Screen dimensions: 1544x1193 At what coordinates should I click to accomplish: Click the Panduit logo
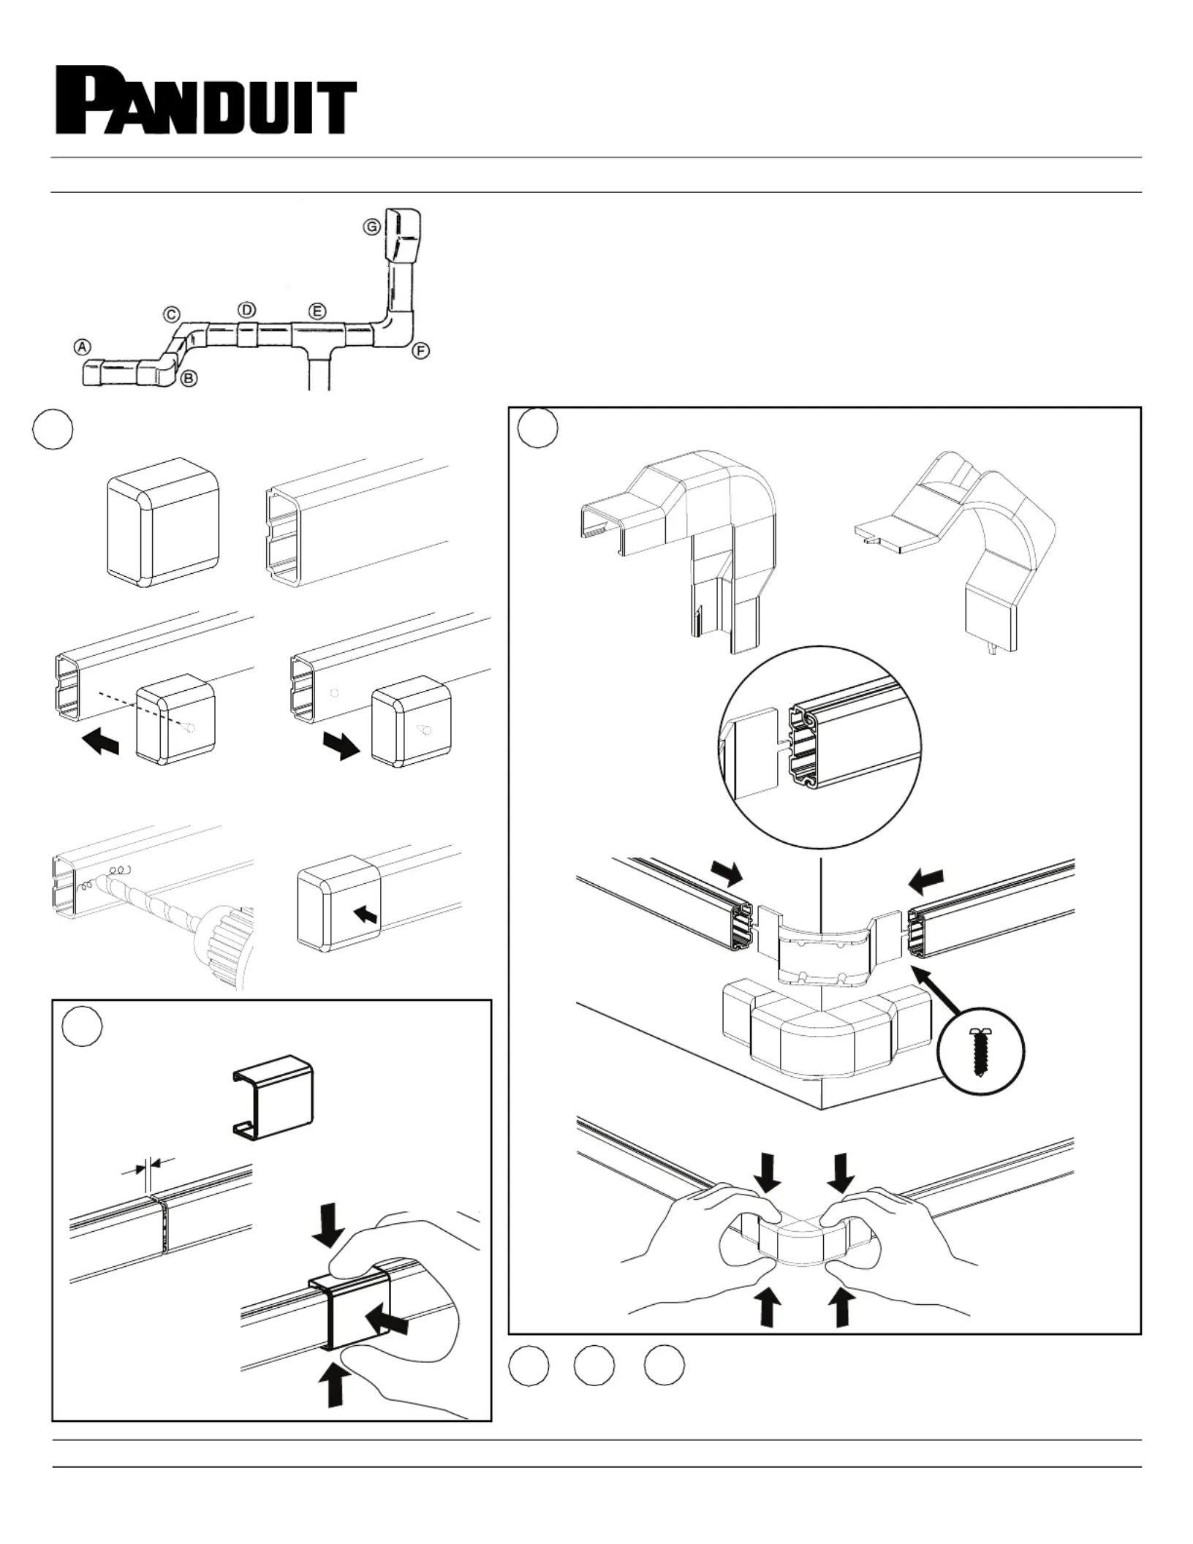click(207, 101)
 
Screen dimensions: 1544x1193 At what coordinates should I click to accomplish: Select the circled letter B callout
click(189, 379)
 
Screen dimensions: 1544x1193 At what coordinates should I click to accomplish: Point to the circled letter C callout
click(171, 314)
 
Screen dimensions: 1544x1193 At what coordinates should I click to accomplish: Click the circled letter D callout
click(247, 309)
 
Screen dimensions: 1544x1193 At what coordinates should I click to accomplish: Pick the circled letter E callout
click(317, 312)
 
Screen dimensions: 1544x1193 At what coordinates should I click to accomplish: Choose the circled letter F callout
click(420, 351)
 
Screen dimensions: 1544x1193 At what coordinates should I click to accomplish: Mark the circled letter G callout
click(372, 227)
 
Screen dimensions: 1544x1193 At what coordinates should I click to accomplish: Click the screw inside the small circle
click(980, 1052)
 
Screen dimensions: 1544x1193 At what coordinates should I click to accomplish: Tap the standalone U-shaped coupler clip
click(274, 1097)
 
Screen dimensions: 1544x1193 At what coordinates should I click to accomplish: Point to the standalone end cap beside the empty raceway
click(163, 521)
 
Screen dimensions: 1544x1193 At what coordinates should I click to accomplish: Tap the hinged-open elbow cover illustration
click(958, 548)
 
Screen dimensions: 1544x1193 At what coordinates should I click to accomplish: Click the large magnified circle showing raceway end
click(819, 747)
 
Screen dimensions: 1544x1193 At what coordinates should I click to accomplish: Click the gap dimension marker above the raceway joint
click(148, 1170)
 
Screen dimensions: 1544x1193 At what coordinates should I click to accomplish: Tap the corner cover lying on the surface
click(826, 1031)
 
